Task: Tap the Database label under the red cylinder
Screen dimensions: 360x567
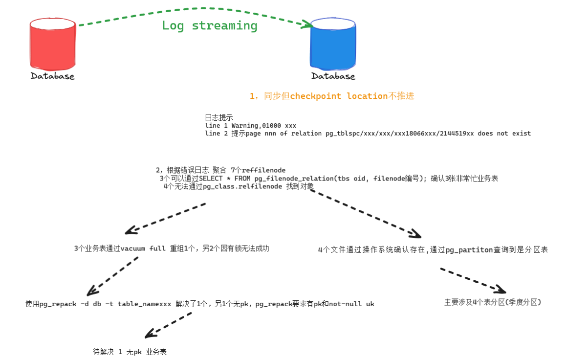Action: click(x=52, y=76)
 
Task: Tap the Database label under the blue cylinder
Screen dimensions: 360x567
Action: click(x=333, y=76)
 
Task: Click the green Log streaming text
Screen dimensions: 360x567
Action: click(x=210, y=26)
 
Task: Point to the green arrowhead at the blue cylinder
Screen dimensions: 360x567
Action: click(x=307, y=24)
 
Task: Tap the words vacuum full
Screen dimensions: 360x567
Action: click(x=143, y=248)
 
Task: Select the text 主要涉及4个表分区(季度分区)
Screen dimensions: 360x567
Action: click(x=492, y=302)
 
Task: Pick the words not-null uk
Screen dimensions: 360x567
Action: click(x=351, y=304)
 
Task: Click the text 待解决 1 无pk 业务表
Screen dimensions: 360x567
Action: click(x=130, y=352)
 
